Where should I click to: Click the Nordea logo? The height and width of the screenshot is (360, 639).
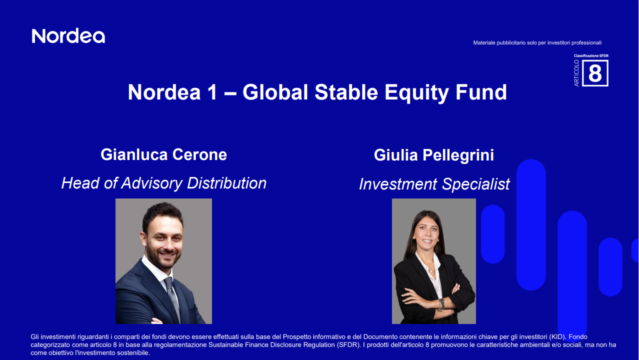[x=68, y=36]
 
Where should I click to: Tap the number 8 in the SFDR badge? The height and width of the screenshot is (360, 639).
[x=595, y=73]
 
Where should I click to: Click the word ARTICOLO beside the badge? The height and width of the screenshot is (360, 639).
[x=576, y=73]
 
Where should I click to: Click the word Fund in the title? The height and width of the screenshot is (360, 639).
[x=484, y=92]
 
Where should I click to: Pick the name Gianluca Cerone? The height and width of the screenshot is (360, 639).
[x=163, y=154]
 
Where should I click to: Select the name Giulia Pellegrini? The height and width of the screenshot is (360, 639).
[x=433, y=155]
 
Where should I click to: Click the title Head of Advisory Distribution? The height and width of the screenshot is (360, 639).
[x=163, y=183]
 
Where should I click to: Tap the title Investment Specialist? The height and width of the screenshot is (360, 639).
[x=434, y=184]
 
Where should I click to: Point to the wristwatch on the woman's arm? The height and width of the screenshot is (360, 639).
[x=441, y=303]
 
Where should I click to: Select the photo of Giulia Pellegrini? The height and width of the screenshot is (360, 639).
[x=433, y=261]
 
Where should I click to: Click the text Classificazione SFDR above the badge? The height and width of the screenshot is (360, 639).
[x=591, y=55]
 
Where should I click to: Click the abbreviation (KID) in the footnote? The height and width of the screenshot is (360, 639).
[x=557, y=337]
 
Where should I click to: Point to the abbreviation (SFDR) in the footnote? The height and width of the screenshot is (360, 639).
[x=347, y=345]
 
